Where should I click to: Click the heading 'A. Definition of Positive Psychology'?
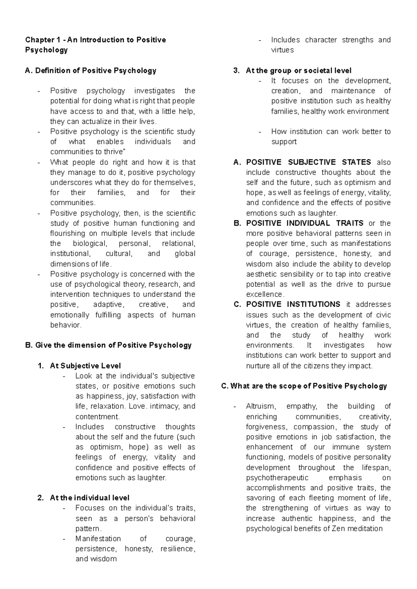91,71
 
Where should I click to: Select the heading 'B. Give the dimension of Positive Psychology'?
108,345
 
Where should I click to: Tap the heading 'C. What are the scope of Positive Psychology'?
304,386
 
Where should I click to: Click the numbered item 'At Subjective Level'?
85,366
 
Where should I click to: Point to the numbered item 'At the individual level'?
90,498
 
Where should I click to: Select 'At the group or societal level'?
299,71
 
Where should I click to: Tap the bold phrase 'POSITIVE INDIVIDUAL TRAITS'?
305,223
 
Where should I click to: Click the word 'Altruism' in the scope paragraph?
261,406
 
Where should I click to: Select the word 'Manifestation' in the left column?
98,539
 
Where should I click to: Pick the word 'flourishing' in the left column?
68,233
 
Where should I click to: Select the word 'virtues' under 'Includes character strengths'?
282,50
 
